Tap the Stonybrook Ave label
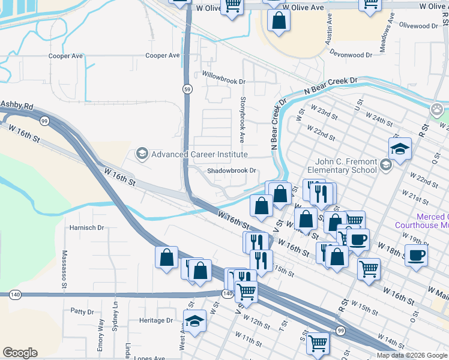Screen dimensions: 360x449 [x=243, y=120]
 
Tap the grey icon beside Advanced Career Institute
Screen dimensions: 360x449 [x=142, y=154]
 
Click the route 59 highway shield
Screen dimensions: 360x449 [x=188, y=89]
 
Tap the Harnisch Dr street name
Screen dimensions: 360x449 [x=86, y=228]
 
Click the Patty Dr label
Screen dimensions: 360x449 [x=82, y=311]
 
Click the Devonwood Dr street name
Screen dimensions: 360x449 [x=355, y=55]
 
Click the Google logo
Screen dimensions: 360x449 [x=20, y=353]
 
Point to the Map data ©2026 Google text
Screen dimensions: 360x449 [x=412, y=355]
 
